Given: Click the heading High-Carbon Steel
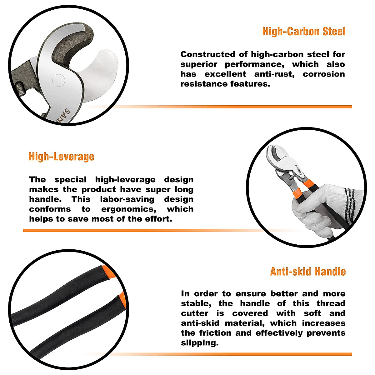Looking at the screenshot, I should (304, 32).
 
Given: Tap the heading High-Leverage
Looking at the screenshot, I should (61, 156).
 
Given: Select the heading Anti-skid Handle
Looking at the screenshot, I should (308, 272).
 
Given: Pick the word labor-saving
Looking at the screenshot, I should (127, 199).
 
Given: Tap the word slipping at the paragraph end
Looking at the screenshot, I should (199, 343).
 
